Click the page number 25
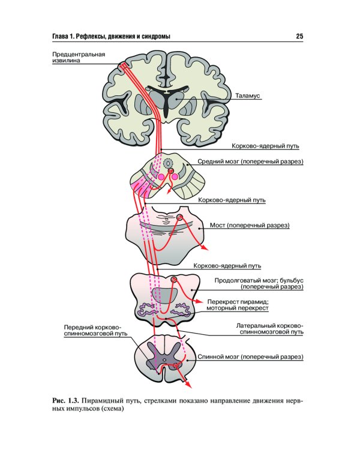coord(299,37)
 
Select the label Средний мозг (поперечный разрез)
coord(251,162)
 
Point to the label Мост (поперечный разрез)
coord(250,226)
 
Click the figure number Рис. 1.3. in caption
coord(65,400)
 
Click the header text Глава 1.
coord(62,37)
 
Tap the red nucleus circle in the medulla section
coord(174,280)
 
